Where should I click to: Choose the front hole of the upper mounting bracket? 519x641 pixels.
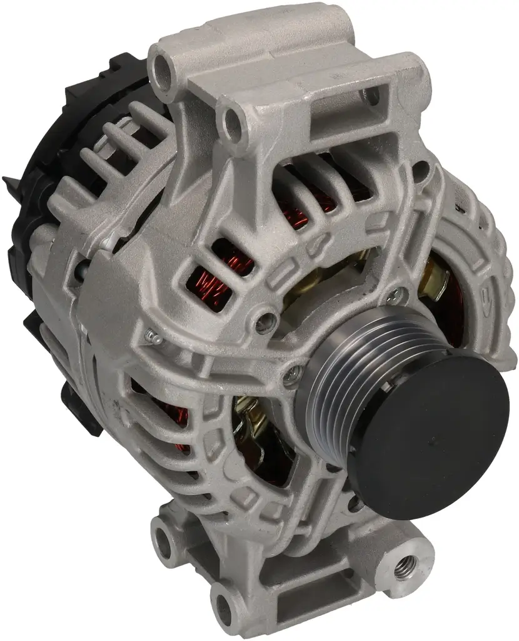point(233,120)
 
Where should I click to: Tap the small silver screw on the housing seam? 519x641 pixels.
point(151,339)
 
